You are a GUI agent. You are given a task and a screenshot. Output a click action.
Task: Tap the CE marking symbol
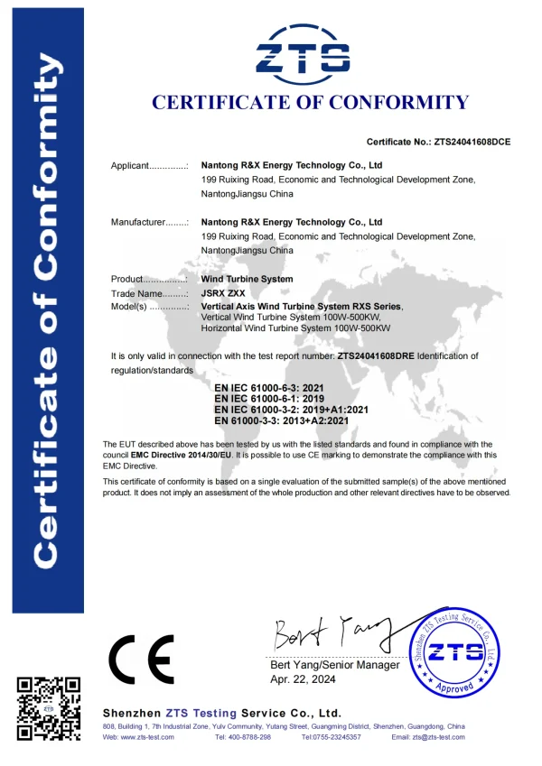[141, 662]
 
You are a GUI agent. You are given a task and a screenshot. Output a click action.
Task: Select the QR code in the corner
[49, 707]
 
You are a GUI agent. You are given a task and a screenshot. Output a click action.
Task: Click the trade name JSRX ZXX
[222, 293]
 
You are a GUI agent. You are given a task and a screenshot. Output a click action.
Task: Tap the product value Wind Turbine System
[247, 280]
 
